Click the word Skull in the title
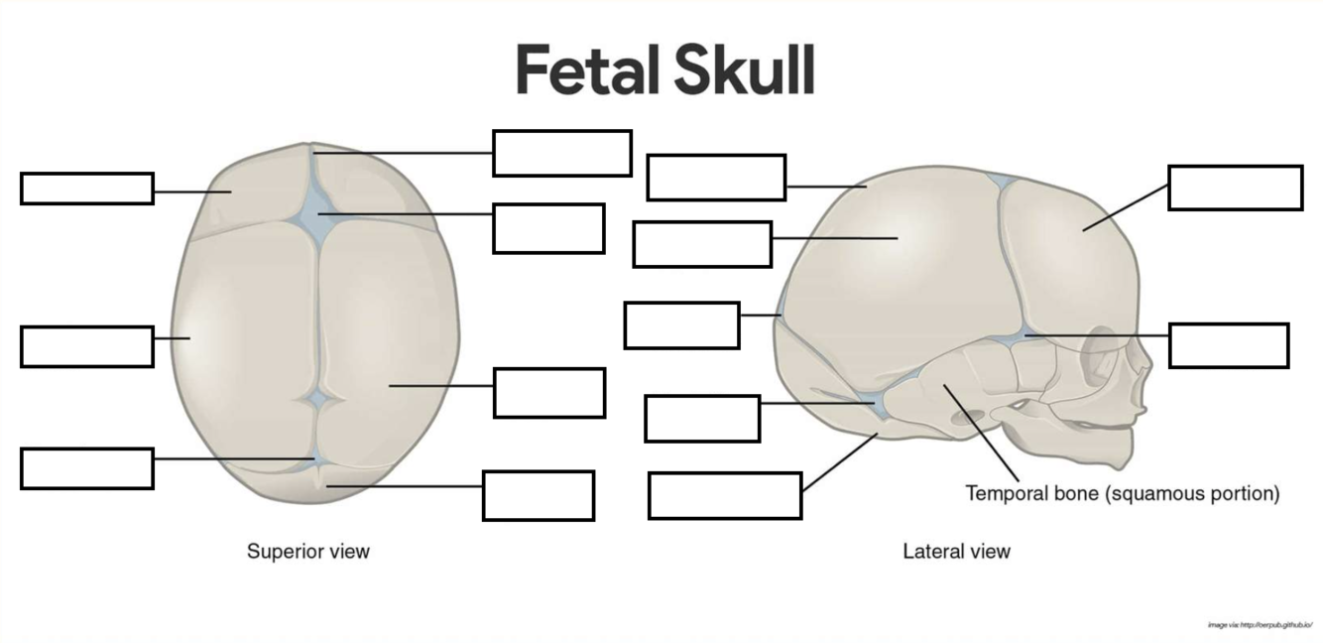744,70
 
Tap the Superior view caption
307,551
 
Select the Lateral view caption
956,551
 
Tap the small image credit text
1260,625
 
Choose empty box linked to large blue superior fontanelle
548,228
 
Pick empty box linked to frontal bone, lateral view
1235,188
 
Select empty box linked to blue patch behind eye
1228,345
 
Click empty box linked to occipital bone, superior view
538,495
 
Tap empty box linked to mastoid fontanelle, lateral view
701,418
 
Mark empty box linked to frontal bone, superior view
86,189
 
